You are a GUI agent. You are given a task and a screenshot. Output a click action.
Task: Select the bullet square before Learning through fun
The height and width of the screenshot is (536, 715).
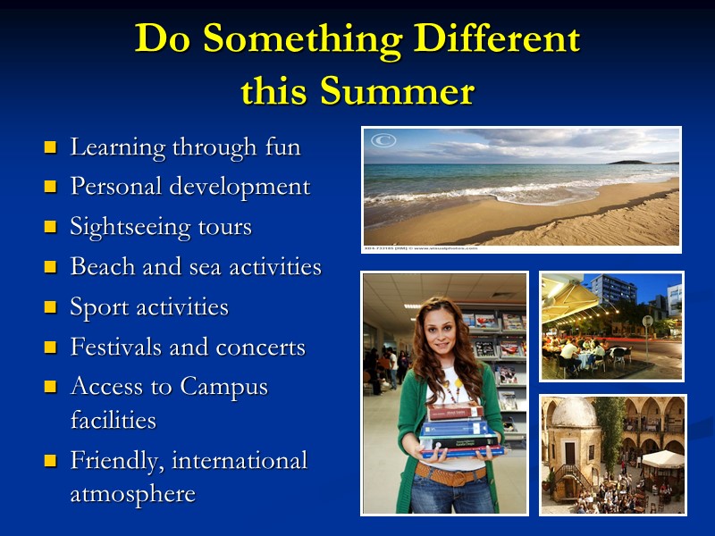(x=50, y=147)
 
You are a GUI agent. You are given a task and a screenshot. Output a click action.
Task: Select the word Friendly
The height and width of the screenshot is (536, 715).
(x=116, y=462)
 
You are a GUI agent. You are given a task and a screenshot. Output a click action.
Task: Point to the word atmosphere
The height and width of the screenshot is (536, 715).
(x=132, y=494)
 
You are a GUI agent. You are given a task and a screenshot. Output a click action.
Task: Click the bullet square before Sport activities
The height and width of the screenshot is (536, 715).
(x=50, y=308)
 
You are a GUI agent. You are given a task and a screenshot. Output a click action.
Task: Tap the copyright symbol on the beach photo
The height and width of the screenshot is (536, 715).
(x=383, y=141)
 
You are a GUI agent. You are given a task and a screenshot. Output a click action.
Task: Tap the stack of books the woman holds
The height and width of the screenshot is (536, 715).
(x=458, y=432)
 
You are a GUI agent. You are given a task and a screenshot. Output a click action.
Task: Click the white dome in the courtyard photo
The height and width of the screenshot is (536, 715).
(x=571, y=414)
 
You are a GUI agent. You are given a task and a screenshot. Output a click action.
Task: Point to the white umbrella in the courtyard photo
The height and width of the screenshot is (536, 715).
(x=662, y=458)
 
